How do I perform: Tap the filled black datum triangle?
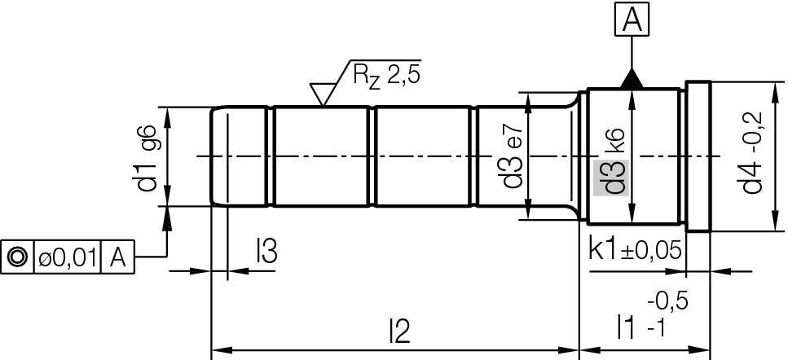(x=632, y=79)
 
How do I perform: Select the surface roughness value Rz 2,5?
(x=387, y=77)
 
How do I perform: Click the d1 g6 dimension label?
(x=147, y=159)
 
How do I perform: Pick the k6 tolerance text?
(x=615, y=140)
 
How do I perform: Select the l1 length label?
(x=625, y=328)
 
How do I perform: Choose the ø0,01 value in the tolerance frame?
(x=68, y=257)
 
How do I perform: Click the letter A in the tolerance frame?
(x=117, y=257)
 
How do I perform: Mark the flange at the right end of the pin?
(x=698, y=156)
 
